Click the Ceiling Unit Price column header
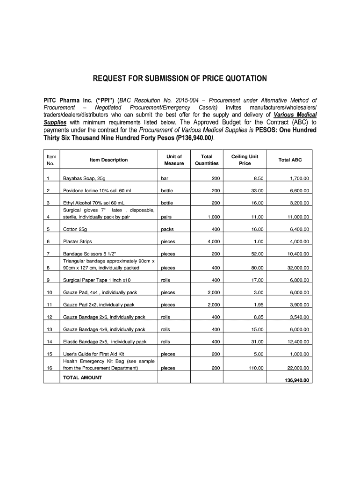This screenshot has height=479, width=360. (245, 160)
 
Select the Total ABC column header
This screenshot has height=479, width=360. (290, 160)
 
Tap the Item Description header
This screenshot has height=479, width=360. (108, 160)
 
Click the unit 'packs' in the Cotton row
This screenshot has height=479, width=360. (167, 230)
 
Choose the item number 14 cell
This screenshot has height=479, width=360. (49, 342)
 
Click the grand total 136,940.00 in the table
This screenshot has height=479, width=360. (297, 380)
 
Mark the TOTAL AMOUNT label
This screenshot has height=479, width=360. (82, 377)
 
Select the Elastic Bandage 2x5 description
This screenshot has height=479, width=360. (105, 342)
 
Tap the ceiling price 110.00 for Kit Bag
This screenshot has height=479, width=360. (256, 368)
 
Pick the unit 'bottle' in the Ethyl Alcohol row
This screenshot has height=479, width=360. (167, 203)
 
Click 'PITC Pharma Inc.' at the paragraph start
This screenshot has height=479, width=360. (68, 101)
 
